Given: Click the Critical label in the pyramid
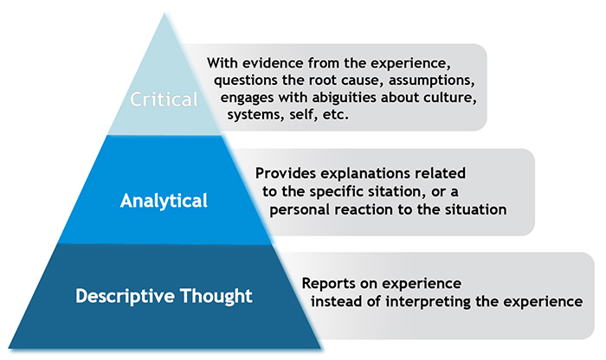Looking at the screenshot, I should (164, 99).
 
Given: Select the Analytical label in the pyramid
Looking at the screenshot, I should (164, 202).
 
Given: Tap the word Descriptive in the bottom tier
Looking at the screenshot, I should (132, 296).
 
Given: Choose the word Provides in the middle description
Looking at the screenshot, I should (282, 173).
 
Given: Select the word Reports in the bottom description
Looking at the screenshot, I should (328, 283).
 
